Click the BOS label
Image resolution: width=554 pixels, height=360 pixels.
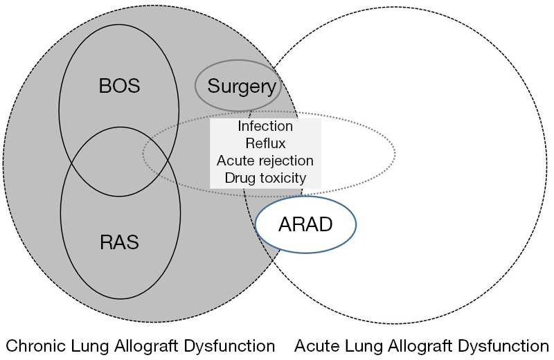pos(119,86)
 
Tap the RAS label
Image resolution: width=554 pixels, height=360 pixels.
pos(119,242)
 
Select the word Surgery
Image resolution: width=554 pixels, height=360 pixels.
pos(242,87)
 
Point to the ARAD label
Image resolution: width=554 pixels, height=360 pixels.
pos(305,224)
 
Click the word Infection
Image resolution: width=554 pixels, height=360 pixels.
pos(265,126)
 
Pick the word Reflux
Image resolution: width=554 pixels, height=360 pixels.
pos(265,143)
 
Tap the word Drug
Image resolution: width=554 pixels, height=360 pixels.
pos(241,178)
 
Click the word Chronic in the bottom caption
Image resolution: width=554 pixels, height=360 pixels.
pos(36,346)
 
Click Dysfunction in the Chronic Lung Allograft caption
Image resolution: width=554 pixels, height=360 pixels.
pos(230,346)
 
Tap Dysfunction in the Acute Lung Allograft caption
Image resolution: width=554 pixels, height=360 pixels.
pos(503,346)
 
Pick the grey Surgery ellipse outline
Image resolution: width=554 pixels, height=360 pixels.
pos(195,85)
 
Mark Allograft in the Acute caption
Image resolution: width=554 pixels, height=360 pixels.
pos(420,346)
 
